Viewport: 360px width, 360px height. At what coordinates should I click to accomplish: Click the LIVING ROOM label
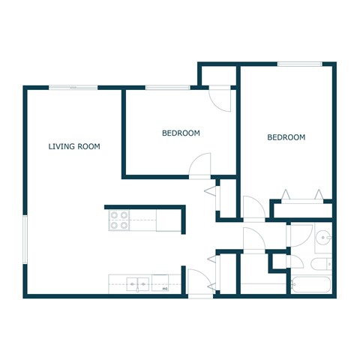click(x=74, y=146)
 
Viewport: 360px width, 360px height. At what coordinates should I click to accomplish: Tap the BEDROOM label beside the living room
click(x=181, y=133)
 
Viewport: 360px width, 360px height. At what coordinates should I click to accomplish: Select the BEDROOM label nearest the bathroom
click(x=286, y=137)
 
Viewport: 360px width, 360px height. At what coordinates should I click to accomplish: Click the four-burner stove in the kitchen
click(x=118, y=220)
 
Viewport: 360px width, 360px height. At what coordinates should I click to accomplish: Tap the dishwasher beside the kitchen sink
click(x=163, y=284)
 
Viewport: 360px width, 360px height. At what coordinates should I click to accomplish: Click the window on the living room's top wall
click(x=73, y=88)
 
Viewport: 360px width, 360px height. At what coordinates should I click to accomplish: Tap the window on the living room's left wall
click(x=26, y=239)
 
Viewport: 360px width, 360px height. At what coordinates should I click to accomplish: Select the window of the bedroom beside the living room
click(x=166, y=88)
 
